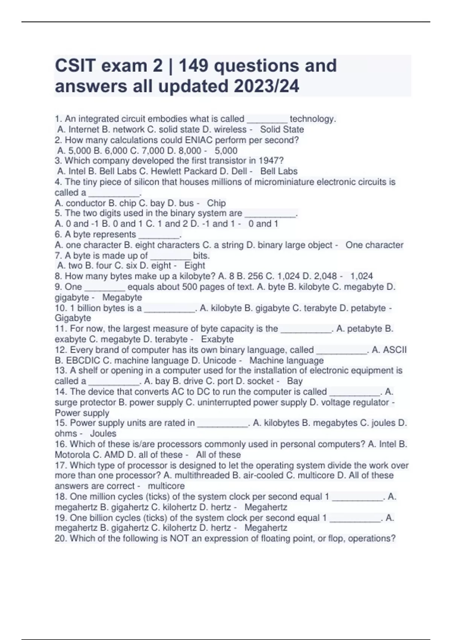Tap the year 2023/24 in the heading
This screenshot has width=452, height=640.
266,86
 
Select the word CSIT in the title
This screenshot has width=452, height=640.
75,66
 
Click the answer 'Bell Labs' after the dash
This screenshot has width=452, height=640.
279,171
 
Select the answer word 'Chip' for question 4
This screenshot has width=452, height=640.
216,203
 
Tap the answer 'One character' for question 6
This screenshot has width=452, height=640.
374,245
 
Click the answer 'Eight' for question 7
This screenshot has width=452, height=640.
195,266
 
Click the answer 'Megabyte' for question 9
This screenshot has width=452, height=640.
122,297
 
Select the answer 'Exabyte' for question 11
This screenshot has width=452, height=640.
217,339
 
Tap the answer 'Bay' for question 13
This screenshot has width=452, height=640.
295,381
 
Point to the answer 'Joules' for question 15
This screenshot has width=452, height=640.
103,433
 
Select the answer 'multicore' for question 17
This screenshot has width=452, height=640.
166,486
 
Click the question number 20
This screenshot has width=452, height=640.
61,538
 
